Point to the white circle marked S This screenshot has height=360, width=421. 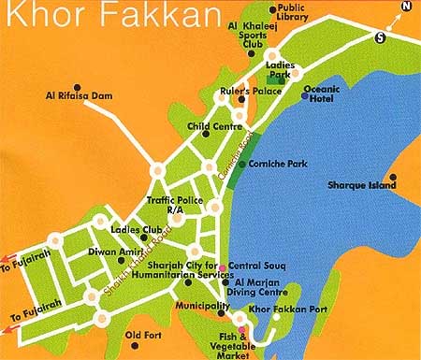pyautogui.click(x=379, y=37)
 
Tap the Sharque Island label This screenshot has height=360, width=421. pyautogui.click(x=359, y=185)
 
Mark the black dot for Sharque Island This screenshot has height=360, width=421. pyautogui.click(x=393, y=175)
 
